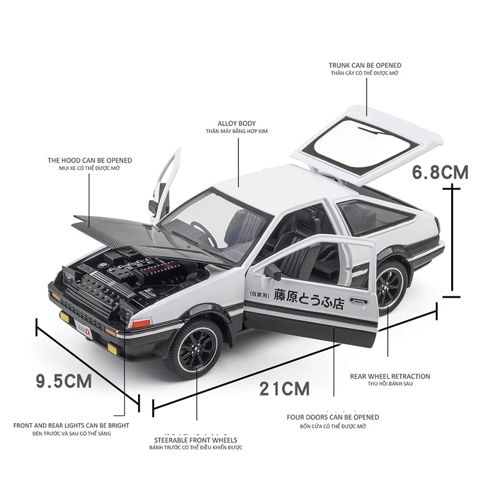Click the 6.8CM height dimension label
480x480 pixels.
click(x=440, y=173)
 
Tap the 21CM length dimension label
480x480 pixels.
click(x=284, y=389)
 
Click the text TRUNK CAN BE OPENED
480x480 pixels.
click(x=365, y=65)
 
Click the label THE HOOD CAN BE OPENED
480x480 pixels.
click(x=90, y=161)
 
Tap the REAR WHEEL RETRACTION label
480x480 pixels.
click(x=390, y=377)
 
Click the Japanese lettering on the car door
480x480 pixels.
click(x=308, y=297)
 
